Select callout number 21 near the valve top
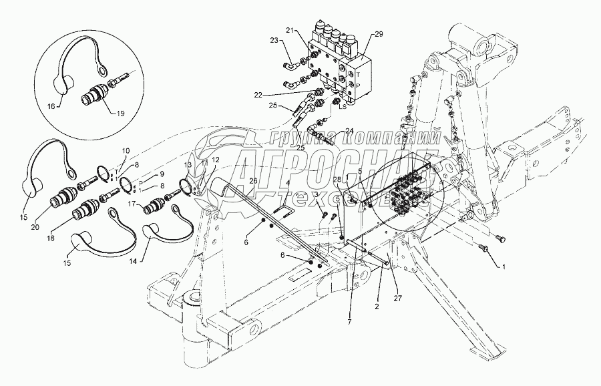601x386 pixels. click(289, 31)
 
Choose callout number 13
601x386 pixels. click(189, 165)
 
